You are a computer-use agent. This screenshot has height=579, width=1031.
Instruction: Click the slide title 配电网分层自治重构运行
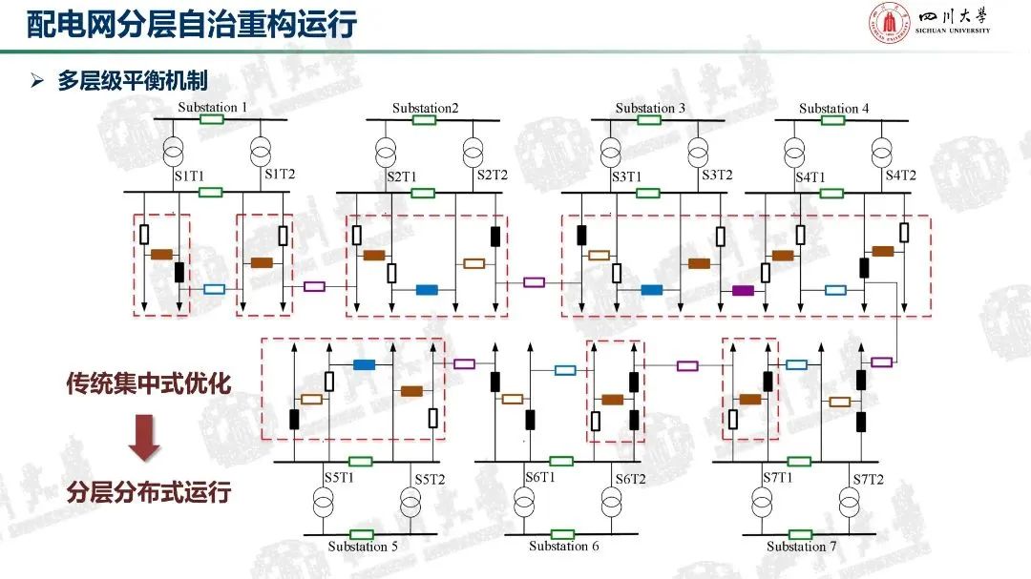191,24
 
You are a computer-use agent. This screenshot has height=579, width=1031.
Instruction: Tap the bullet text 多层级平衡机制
132,81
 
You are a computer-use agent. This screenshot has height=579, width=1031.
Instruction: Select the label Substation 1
213,107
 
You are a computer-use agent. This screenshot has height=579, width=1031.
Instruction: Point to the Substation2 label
425,108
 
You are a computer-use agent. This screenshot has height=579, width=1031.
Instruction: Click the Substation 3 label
650,108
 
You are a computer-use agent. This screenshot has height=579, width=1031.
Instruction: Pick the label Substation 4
833,108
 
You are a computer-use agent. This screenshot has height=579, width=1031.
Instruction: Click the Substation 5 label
363,547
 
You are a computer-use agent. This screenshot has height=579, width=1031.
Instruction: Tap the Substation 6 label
564,547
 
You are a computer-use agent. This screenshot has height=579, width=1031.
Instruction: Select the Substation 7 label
802,547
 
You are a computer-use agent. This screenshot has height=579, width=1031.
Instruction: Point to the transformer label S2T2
493,176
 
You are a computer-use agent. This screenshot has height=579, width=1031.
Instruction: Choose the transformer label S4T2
900,176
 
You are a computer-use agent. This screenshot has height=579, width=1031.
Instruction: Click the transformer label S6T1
539,477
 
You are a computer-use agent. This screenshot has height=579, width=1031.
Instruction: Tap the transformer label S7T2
868,478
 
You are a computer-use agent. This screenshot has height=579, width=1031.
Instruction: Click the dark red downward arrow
144,438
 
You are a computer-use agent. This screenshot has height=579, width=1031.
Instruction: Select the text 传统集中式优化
148,383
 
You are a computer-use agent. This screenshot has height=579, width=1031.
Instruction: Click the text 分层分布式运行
148,493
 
